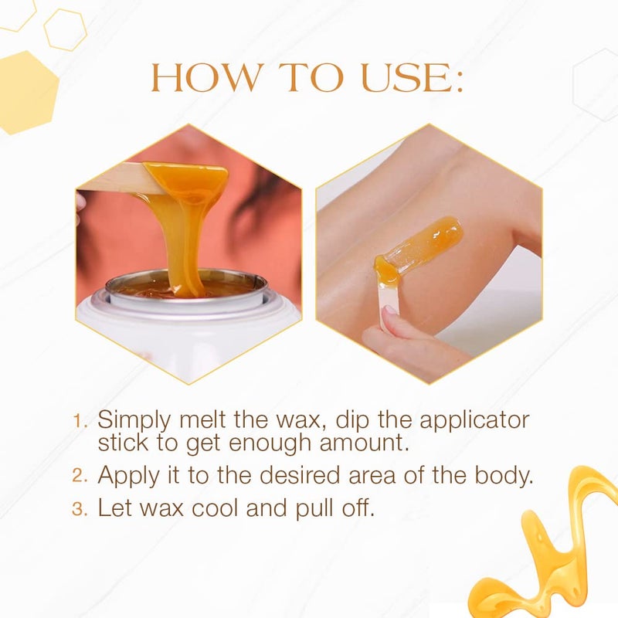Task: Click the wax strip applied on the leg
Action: [421, 243]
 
